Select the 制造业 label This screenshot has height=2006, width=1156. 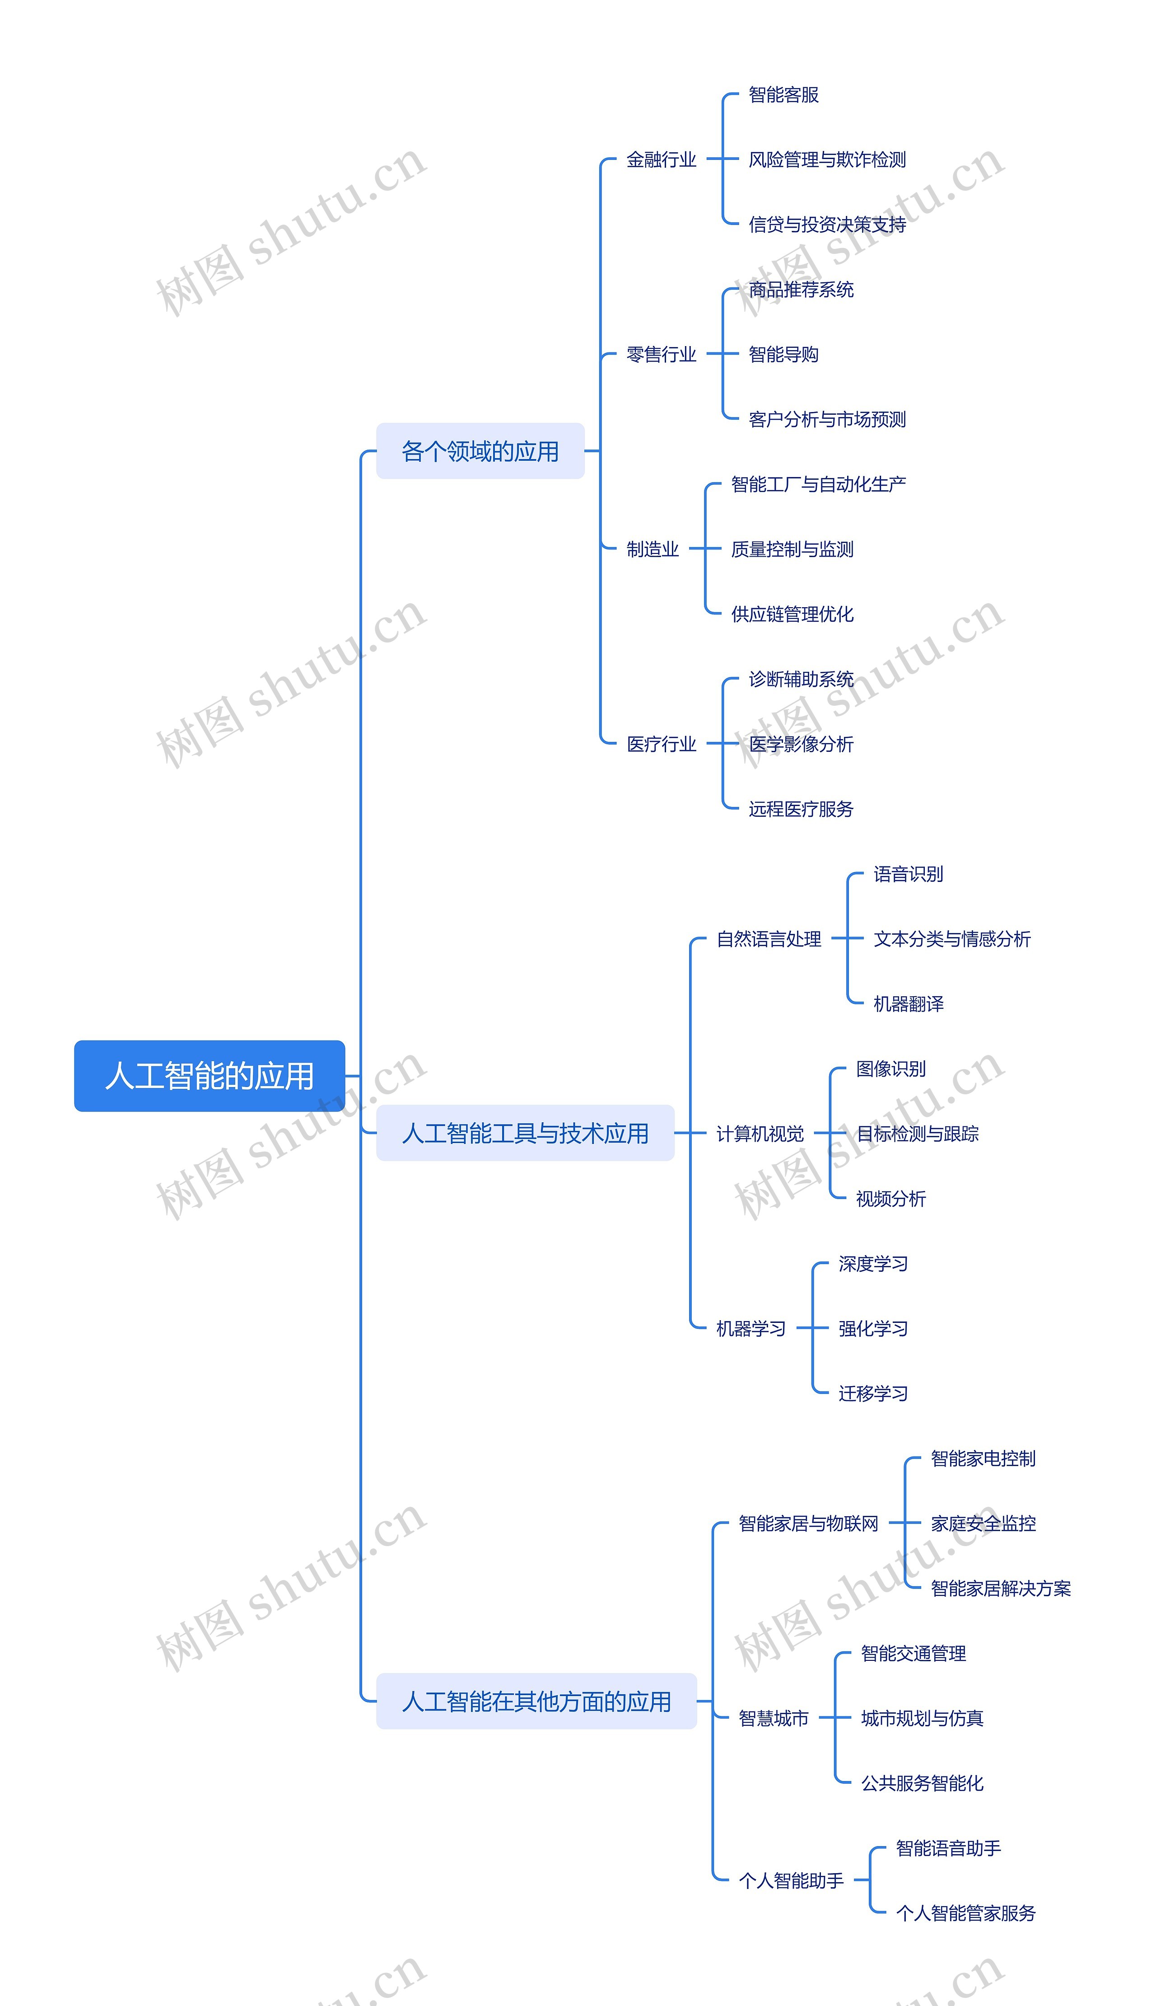pyautogui.click(x=652, y=549)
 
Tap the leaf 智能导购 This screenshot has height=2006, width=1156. pyautogui.click(x=783, y=354)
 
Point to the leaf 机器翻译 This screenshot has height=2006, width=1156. pyautogui.click(x=908, y=1004)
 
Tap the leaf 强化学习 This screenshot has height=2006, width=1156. pyautogui.click(x=872, y=1329)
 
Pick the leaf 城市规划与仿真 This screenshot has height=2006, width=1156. pyautogui.click(x=922, y=1719)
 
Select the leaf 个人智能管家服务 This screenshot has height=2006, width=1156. pyautogui.click(x=965, y=1913)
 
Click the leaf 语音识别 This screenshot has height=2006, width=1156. pyautogui.click(x=908, y=874)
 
